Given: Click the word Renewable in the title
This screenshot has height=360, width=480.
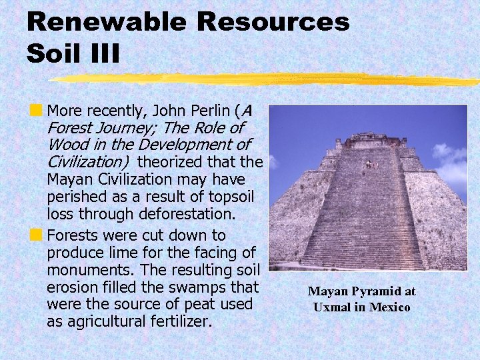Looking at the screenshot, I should point(106,21).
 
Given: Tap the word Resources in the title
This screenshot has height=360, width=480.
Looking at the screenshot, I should point(273,21).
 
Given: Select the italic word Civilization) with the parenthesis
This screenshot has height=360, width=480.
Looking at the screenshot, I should point(88,161).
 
